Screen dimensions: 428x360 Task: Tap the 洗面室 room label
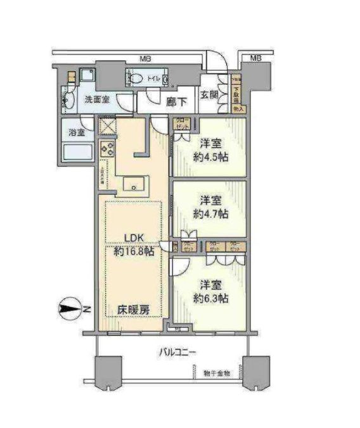pyautogui.click(x=98, y=100)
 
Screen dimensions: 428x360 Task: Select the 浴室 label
pyautogui.click(x=78, y=133)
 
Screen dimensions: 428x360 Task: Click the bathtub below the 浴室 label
pyautogui.click(x=77, y=154)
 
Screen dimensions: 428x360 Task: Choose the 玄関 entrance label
pyautogui.click(x=210, y=96)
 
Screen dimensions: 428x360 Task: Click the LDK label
pyautogui.click(x=134, y=238)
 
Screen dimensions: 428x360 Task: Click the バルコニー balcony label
pyautogui.click(x=177, y=352)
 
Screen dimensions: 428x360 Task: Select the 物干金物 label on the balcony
pyautogui.click(x=217, y=373)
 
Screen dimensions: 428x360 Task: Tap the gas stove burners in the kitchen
pyautogui.click(x=106, y=151)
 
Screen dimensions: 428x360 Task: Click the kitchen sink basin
pyautogui.click(x=134, y=185)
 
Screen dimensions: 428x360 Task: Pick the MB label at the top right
pyautogui.click(x=255, y=58)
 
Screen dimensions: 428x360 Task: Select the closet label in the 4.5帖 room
pyautogui.click(x=182, y=124)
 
